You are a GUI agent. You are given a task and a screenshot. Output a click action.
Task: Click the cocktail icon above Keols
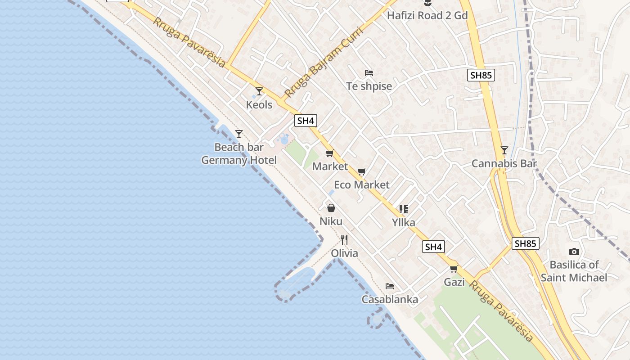coord(259,91)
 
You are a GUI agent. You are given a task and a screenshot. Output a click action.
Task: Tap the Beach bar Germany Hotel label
coord(239,154)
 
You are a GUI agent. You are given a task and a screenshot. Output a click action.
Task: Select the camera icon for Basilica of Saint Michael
coord(574,252)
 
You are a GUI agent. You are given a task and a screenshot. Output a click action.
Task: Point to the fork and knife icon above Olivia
coord(344,239)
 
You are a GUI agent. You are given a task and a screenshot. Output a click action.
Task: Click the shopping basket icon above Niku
coord(331,207)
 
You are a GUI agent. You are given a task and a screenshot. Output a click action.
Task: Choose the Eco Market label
coord(362,184)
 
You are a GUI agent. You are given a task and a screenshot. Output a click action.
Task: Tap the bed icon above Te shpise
coord(369,72)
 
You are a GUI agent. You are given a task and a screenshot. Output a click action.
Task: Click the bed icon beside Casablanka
coord(390,286)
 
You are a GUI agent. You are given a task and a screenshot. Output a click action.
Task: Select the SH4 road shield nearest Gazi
coord(433,247)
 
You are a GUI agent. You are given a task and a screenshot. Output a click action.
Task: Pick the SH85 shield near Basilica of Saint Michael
coord(525,243)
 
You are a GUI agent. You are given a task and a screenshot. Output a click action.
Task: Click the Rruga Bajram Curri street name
coord(318,67)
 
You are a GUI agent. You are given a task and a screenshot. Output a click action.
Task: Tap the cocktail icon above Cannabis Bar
coord(504,150)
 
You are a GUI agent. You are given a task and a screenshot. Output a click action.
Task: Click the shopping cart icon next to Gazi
coord(454,269)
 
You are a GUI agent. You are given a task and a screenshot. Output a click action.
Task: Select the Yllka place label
coord(403,222)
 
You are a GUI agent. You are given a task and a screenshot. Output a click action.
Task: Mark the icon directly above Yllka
coord(403,209)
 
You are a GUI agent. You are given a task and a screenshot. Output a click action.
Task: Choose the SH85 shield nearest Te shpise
coord(481,75)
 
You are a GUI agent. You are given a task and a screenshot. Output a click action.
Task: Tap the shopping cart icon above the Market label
coord(329,153)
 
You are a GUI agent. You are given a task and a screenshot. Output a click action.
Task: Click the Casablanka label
coord(390,299)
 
